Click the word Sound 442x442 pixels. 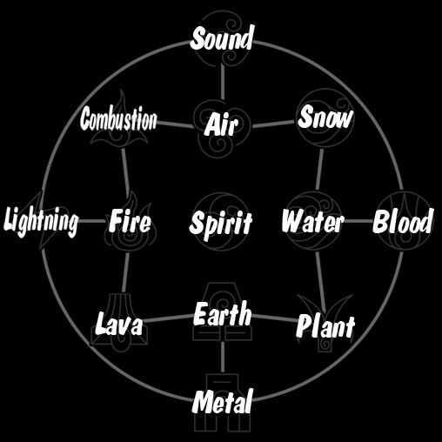tap(222, 38)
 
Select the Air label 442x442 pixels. tap(221, 124)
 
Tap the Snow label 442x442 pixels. tap(325, 117)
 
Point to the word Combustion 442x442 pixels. tap(118, 118)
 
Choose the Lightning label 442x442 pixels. tap(41, 221)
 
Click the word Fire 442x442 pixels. tap(131, 221)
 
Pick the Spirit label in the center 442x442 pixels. tap(221, 224)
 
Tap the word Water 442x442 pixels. tap(313, 221)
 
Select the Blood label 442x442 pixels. tap(403, 221)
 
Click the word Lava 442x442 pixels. tap(119, 324)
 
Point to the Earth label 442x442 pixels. tap(223, 313)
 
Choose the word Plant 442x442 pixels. tap(325, 326)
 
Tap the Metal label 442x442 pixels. tap(223, 401)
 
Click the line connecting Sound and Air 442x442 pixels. tap(223, 81)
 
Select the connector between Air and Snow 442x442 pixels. tap(273, 124)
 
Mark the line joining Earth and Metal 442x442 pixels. tap(223, 358)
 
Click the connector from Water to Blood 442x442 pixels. tap(359, 221)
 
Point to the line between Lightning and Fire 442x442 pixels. tap(92, 221)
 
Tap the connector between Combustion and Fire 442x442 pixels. tap(126, 173)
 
